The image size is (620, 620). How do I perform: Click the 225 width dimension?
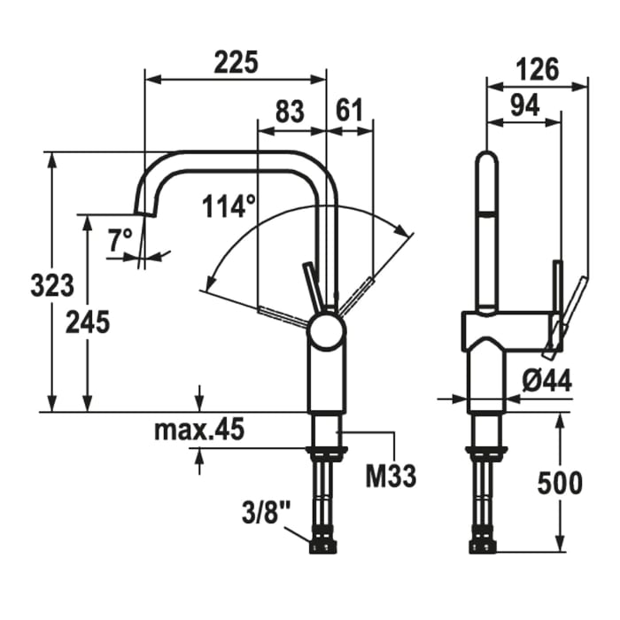coord(236,64)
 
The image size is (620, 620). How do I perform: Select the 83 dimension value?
coord(290,112)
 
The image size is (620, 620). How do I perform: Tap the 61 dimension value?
coord(350,112)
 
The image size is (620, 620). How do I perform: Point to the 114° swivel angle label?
coord(228,207)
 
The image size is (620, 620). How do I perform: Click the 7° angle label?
coord(120,238)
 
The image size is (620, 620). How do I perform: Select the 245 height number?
coord(88,322)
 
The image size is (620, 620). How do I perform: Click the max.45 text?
coord(198,430)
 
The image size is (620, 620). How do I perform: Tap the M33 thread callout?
coord(391,477)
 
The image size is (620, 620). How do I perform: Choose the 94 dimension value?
coord(525,106)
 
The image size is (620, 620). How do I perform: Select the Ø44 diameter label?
coord(546,381)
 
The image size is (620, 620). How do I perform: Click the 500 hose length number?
coord(560,483)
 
